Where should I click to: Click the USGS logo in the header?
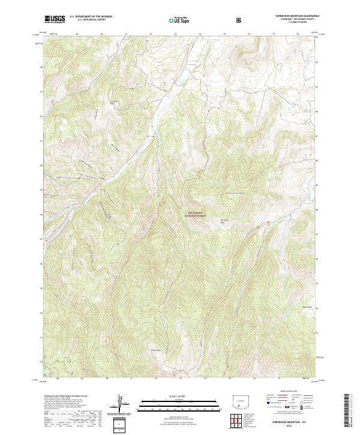(55, 19)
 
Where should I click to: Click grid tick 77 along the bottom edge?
(274, 379)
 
